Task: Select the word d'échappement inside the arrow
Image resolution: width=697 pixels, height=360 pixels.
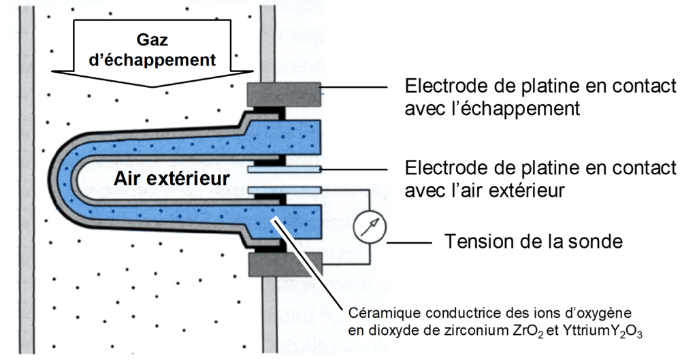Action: pyautogui.click(x=152, y=60)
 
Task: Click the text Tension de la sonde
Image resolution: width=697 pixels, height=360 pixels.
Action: pyautogui.click(x=534, y=242)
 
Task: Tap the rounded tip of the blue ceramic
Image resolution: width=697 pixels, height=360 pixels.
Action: pyautogui.click(x=58, y=178)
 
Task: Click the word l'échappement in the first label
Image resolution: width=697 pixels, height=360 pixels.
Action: pyautogui.click(x=538, y=108)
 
